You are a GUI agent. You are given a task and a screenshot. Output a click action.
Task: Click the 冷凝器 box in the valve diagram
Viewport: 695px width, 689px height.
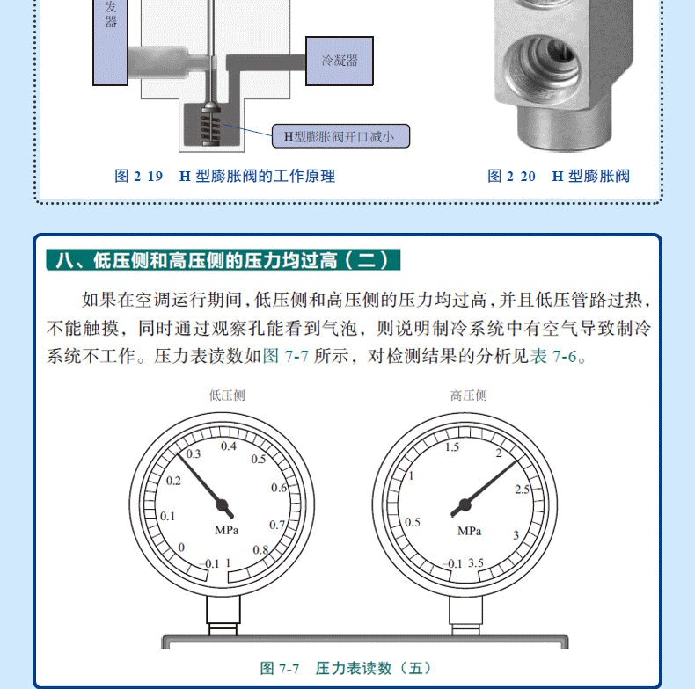pos(340,62)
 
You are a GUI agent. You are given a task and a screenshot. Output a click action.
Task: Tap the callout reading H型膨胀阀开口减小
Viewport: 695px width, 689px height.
pos(340,136)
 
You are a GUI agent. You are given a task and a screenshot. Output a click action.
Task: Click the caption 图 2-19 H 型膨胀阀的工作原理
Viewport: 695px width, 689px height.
pos(224,177)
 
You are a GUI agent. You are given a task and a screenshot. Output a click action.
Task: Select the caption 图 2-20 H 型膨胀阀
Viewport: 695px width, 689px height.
pos(559,177)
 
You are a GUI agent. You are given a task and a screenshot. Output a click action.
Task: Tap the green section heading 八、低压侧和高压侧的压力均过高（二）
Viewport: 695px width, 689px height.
pos(223,260)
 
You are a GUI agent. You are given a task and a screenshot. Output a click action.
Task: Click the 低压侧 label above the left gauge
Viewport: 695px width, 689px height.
pos(227,395)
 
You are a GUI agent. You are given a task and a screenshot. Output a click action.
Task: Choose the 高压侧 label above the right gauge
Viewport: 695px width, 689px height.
pos(469,395)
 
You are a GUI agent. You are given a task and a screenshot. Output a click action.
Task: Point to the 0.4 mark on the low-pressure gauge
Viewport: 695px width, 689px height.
pos(228,446)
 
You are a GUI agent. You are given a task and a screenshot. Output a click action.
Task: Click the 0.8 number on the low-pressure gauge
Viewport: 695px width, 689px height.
pos(260,550)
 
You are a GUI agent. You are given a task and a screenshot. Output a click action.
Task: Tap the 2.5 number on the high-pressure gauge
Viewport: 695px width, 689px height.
pos(522,490)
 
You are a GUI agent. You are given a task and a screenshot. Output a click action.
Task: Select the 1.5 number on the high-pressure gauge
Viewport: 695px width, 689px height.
pos(452,446)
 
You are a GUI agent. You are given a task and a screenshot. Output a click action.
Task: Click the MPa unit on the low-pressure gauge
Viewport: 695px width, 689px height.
pos(226,530)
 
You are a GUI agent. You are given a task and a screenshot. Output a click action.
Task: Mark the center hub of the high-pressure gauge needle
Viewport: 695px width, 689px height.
pos(465,504)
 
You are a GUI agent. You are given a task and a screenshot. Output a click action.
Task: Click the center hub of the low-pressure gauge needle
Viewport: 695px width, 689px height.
pos(222,504)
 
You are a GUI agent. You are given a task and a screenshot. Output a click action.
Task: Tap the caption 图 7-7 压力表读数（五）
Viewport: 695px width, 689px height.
pos(345,668)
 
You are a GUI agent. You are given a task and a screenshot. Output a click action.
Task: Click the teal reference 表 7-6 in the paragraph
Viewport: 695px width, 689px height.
pos(554,356)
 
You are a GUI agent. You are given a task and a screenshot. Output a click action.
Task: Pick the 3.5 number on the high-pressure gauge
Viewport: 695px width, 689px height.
pos(476,562)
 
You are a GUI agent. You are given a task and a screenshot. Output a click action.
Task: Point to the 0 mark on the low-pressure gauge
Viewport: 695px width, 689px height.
pos(181,548)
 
